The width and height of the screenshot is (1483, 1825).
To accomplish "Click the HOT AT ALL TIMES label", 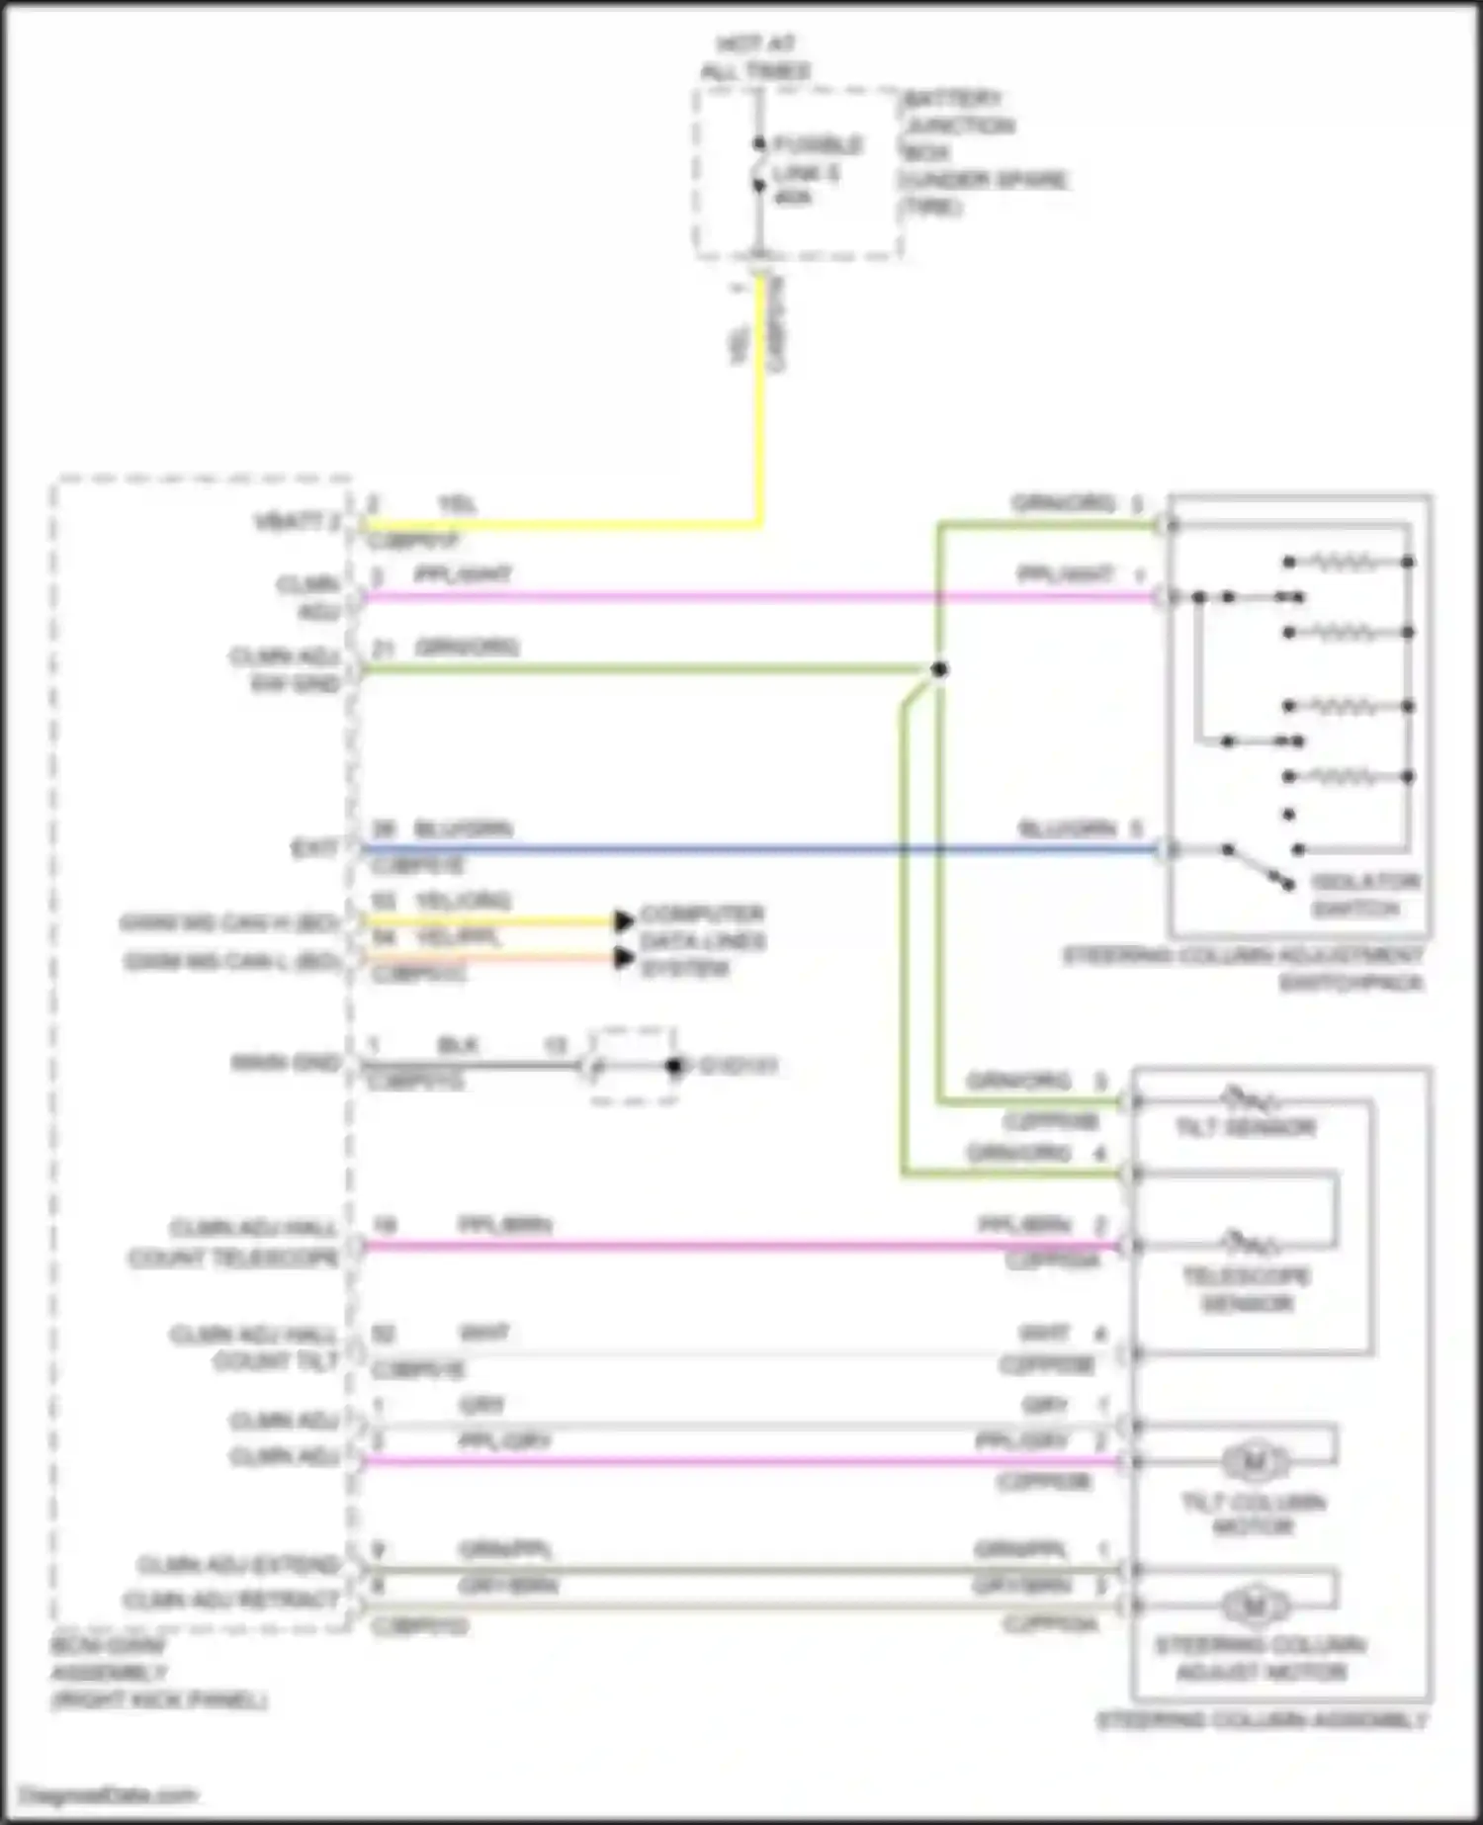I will click(755, 57).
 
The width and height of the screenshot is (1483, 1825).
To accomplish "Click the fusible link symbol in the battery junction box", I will click(758, 168).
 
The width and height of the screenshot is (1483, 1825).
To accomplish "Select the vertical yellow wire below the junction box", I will click(761, 395).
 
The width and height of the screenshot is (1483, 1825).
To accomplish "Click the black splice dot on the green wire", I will click(939, 669).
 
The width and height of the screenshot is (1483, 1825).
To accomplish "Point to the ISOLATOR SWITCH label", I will click(1364, 895).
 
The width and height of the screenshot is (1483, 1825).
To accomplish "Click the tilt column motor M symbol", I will click(1255, 1461).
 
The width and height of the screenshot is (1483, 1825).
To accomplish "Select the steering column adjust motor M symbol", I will click(1255, 1607).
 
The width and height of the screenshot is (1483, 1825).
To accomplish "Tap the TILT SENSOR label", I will click(1245, 1128).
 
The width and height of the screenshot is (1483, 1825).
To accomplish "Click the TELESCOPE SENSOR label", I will click(1247, 1289).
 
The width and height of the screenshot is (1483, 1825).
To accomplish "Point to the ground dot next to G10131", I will click(674, 1066).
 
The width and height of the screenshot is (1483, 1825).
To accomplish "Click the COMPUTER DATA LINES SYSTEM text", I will click(702, 940).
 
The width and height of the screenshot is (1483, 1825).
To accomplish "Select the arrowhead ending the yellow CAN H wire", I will click(624, 921).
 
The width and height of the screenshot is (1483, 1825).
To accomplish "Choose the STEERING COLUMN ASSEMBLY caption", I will click(1262, 1720).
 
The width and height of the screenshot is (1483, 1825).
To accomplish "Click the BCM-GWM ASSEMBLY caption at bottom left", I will click(158, 1673).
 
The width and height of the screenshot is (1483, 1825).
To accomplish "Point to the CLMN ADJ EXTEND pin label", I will click(237, 1564).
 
